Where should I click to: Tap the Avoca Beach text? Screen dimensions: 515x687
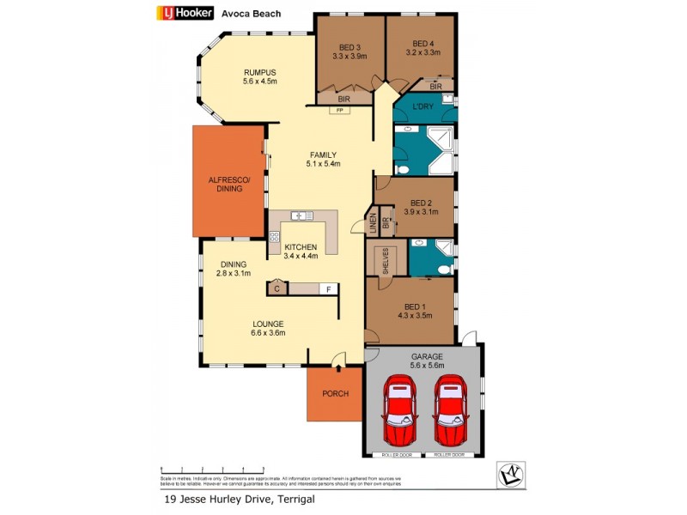[x=250, y=13]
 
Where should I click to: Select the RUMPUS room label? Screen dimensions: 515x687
[x=259, y=72]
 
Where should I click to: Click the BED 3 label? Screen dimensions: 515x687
[x=349, y=46]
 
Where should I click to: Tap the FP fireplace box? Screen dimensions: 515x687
[x=340, y=111]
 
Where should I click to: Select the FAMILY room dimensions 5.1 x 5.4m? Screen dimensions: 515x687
[x=325, y=164]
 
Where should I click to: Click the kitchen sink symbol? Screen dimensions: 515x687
[x=302, y=215]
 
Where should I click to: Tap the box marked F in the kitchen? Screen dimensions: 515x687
[x=327, y=289]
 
